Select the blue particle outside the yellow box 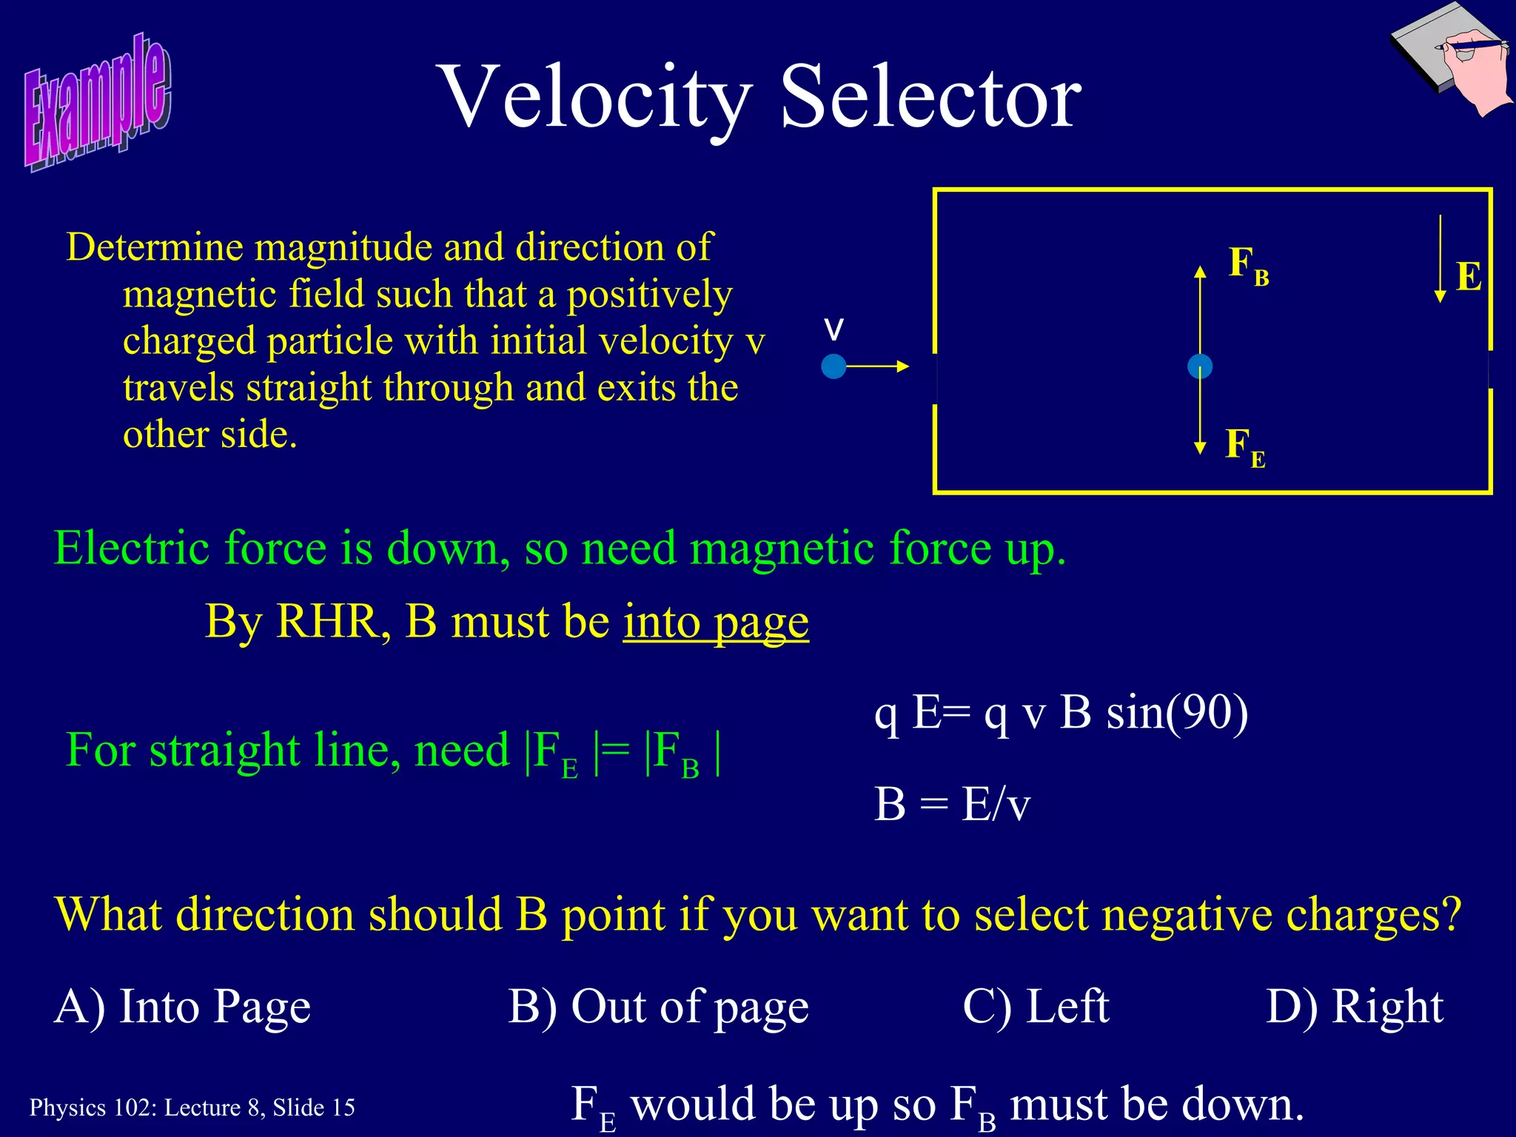(834, 366)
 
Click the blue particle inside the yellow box (1199, 366)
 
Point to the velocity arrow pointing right (878, 366)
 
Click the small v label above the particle (834, 329)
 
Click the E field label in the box (1469, 277)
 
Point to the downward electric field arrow (1440, 259)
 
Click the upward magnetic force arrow (1200, 311)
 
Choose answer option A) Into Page (182, 1007)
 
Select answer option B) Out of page (658, 1007)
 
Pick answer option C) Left (1036, 1007)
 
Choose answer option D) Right (1355, 1007)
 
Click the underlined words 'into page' (716, 622)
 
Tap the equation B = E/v (952, 804)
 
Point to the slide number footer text (192, 1107)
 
